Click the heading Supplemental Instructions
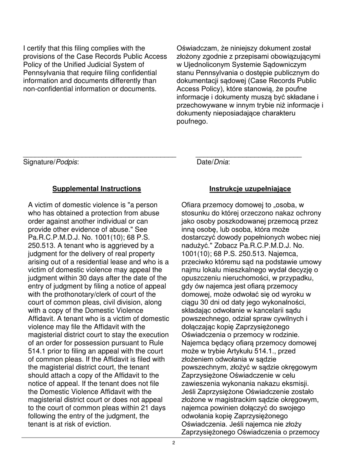(x=97, y=189)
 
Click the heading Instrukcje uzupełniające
(x=250, y=189)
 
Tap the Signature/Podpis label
(x=51, y=162)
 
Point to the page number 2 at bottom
(x=174, y=443)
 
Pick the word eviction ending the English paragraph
(x=97, y=424)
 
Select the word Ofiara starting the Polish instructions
(x=191, y=205)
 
